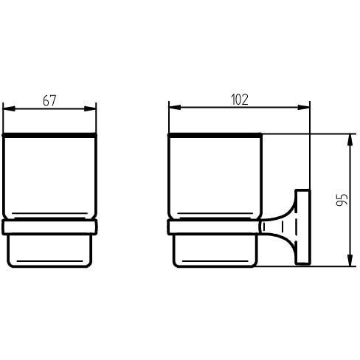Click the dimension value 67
click(x=49, y=100)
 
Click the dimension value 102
click(x=240, y=100)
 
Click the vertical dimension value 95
click(x=342, y=199)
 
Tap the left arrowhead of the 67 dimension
click(x=9, y=108)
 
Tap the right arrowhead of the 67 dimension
click(x=90, y=108)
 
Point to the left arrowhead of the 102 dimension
click(x=175, y=107)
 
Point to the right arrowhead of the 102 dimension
click(x=304, y=107)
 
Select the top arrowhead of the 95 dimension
click(x=350, y=140)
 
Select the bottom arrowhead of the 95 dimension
click(x=350, y=260)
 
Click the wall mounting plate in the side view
click(x=303, y=227)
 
